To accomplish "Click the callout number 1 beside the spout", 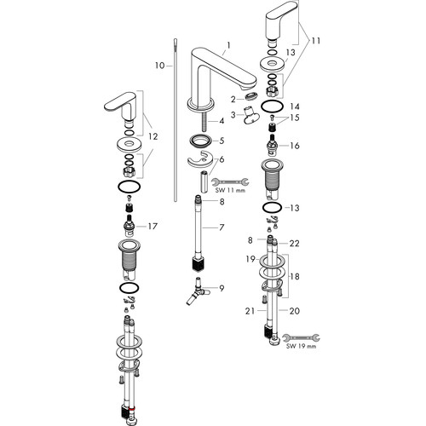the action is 229,45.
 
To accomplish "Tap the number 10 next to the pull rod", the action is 160,66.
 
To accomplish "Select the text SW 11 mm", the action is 230,190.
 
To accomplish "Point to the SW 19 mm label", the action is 301,346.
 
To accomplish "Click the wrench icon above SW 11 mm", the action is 230,181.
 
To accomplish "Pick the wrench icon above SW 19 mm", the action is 302,337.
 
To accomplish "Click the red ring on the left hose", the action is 131,410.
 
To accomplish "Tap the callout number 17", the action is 153,227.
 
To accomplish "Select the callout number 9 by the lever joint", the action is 222,288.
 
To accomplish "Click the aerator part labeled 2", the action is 251,96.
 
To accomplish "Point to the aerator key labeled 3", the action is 251,115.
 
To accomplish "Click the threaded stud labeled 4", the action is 204,121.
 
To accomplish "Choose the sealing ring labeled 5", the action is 201,141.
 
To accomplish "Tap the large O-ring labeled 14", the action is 272,107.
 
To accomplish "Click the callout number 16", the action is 295,146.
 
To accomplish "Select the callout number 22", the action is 294,244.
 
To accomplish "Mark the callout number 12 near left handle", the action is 153,136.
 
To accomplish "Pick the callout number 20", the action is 295,311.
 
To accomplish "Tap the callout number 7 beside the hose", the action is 222,227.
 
